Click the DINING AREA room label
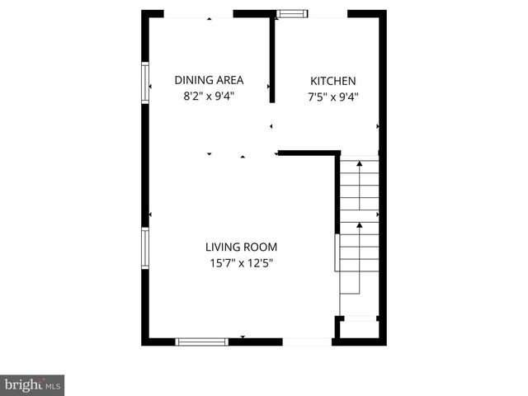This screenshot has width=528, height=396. (x=209, y=80)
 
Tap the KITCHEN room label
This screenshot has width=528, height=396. (x=332, y=81)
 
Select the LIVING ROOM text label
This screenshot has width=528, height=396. (x=241, y=247)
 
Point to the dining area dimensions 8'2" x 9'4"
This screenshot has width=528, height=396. (x=209, y=96)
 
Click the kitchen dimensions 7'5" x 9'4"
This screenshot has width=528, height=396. (x=332, y=96)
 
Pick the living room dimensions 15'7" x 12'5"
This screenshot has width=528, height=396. (x=241, y=263)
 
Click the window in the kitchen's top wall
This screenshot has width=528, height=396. (x=290, y=13)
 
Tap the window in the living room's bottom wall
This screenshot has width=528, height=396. (x=201, y=340)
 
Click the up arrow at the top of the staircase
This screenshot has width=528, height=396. (x=360, y=164)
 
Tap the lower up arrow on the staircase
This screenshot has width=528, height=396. (x=360, y=224)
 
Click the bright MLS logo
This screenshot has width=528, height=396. (x=32, y=384)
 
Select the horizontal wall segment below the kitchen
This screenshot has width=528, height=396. (x=309, y=153)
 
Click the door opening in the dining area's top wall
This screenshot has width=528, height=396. (x=198, y=15)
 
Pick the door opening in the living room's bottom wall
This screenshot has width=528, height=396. (x=307, y=341)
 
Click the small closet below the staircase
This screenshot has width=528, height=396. (x=359, y=328)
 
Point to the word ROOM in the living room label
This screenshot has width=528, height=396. (x=260, y=247)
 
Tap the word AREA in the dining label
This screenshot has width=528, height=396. (x=229, y=80)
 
